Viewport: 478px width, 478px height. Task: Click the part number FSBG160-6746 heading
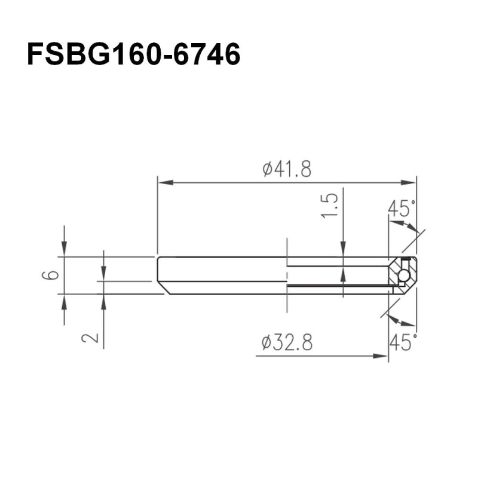pos(134,55)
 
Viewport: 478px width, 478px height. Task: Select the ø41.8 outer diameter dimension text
pos(287,169)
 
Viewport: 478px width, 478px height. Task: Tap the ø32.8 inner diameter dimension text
pos(287,343)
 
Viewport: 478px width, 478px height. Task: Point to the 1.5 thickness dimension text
pos(332,204)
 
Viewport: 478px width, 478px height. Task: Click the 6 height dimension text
pos(53,275)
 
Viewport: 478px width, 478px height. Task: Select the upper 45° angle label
pos(401,209)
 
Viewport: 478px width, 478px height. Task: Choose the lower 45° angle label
pos(402,342)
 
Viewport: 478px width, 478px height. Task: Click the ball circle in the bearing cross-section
pos(404,275)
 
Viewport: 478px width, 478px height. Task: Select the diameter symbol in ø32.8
pos(267,344)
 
